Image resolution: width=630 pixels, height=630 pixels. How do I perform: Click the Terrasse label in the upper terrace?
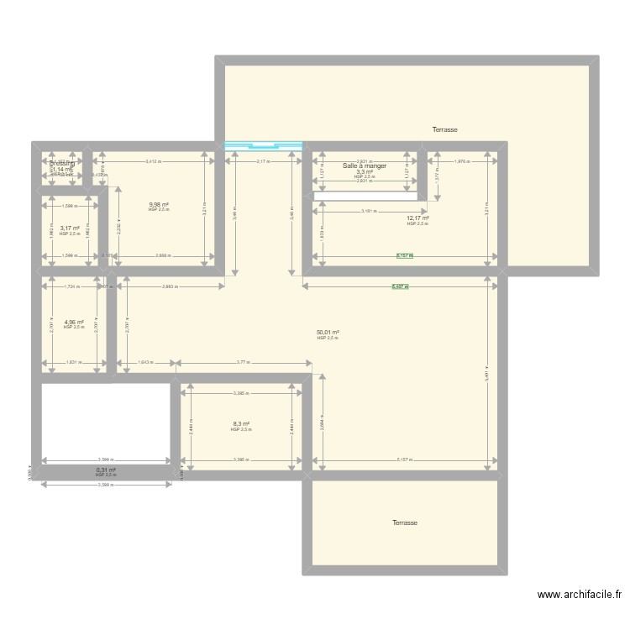click(444, 130)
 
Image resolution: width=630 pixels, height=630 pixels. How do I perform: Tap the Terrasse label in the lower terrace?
click(404, 522)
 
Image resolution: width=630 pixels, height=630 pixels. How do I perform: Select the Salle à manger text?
click(365, 166)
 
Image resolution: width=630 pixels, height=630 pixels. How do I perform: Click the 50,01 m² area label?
click(328, 333)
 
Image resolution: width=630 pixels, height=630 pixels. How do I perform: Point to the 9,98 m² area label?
click(159, 204)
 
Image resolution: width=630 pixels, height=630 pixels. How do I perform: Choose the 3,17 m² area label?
click(70, 228)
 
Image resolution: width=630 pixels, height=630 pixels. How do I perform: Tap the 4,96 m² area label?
click(74, 322)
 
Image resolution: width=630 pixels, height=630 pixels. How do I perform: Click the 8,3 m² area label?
click(241, 424)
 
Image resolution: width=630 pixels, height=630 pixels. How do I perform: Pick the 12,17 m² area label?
click(417, 218)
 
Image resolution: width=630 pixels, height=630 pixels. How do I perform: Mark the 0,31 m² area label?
click(106, 470)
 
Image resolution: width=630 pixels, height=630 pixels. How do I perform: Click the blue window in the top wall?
click(263, 147)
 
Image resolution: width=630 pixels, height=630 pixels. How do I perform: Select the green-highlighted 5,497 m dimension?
click(400, 286)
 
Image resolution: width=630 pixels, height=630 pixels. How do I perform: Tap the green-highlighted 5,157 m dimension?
click(406, 256)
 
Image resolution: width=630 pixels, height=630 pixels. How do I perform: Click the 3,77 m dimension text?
click(243, 363)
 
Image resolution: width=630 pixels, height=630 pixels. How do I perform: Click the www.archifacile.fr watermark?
click(580, 595)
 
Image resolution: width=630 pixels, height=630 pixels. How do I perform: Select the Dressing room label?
click(61, 164)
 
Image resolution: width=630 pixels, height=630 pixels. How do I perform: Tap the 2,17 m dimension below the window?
click(263, 160)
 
